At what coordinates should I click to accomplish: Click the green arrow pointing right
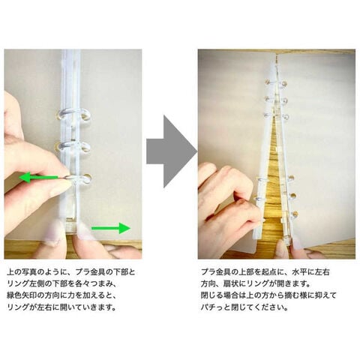click(111, 228)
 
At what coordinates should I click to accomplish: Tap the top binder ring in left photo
click(74, 114)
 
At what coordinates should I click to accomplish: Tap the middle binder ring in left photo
click(73, 145)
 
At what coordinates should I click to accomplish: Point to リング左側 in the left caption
click(28, 284)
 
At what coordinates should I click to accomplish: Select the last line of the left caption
click(62, 307)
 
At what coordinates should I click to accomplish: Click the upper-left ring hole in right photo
click(267, 82)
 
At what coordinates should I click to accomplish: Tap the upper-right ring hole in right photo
click(285, 82)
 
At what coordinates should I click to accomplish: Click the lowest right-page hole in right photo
click(295, 214)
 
